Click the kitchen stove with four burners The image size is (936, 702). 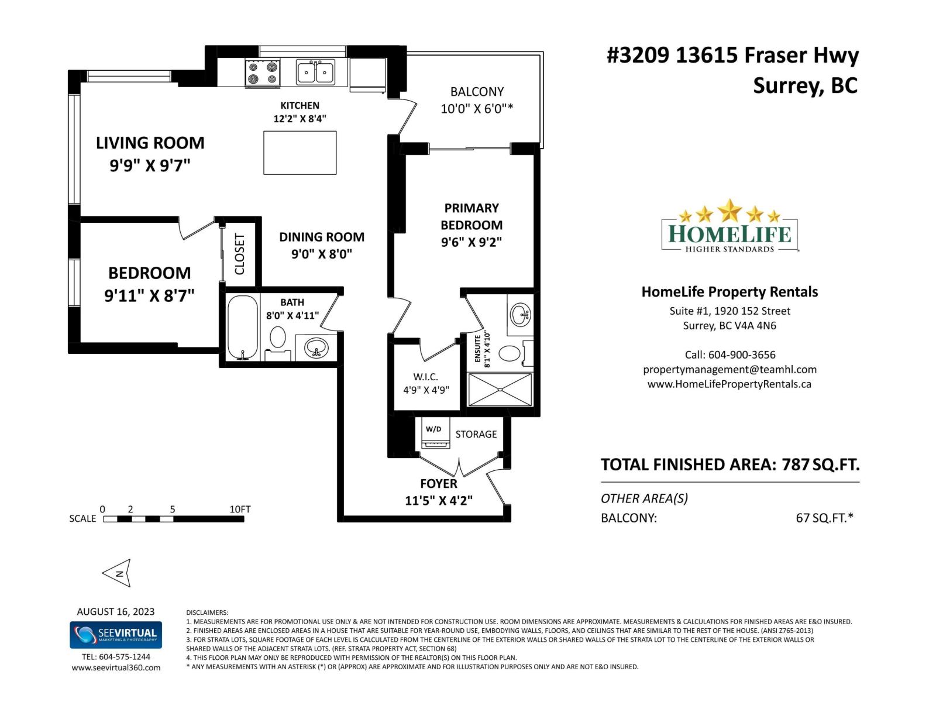(x=262, y=73)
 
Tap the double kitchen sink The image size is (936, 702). (x=315, y=72)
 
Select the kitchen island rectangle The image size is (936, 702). (x=300, y=153)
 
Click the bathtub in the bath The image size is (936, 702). (x=242, y=328)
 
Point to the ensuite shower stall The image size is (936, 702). (x=500, y=389)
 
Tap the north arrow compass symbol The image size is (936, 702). (x=118, y=573)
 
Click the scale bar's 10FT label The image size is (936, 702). (x=240, y=509)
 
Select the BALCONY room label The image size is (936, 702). (x=477, y=92)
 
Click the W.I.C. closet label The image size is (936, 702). (x=425, y=377)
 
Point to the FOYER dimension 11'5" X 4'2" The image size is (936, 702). (x=439, y=501)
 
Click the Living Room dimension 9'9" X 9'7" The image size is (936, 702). (x=150, y=166)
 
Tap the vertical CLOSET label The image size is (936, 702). (x=240, y=254)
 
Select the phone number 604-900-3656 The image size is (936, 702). (x=742, y=355)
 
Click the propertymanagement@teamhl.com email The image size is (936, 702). (x=729, y=370)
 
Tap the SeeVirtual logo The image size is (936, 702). (x=116, y=635)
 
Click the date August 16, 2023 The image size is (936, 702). (x=116, y=611)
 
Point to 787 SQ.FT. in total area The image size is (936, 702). (x=821, y=464)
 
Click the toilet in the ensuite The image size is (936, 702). (x=510, y=353)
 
